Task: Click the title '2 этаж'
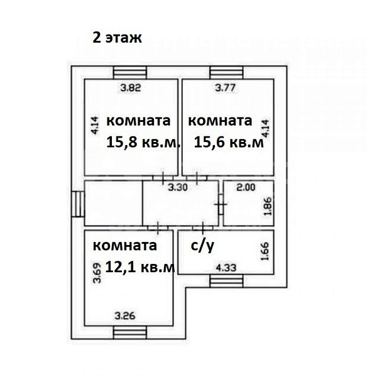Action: [117, 37]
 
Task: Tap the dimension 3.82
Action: [130, 88]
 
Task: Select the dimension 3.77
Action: [226, 88]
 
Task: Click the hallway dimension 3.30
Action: [181, 187]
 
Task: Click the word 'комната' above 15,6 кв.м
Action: [220, 120]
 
